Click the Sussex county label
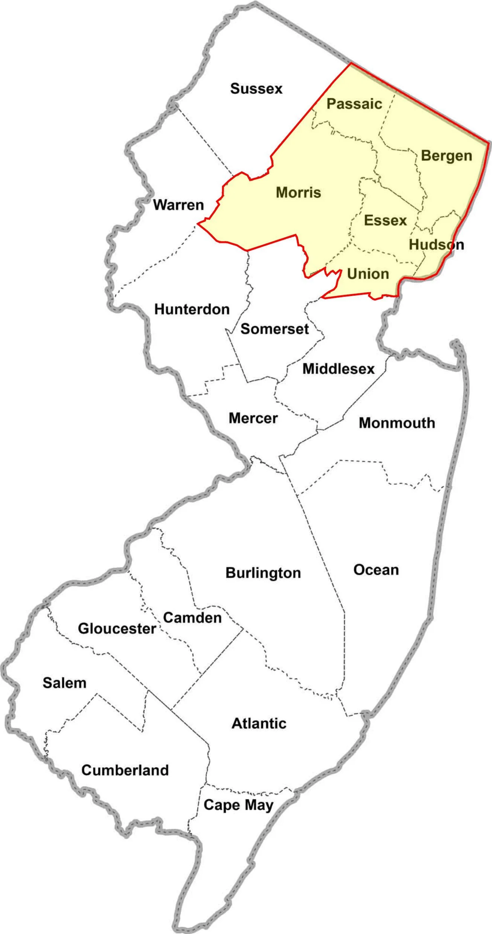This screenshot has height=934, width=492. [256, 89]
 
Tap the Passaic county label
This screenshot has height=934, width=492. [354, 104]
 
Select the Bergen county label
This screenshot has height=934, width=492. [446, 156]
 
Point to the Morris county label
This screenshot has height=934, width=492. [299, 192]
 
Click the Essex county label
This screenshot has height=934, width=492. [385, 220]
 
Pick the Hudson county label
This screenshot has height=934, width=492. [436, 245]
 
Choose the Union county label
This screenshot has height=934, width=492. [368, 274]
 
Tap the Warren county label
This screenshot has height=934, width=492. [178, 205]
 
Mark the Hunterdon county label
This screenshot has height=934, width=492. [192, 309]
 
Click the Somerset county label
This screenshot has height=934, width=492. [275, 329]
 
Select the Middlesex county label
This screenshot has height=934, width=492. [339, 369]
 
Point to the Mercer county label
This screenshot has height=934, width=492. [253, 418]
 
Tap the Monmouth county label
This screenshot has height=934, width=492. [397, 423]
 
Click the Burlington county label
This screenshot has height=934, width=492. [263, 573]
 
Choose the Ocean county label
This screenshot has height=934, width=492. [376, 570]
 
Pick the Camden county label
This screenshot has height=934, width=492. [192, 618]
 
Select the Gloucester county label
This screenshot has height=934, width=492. [117, 628]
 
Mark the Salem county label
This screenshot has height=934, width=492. [64, 683]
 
